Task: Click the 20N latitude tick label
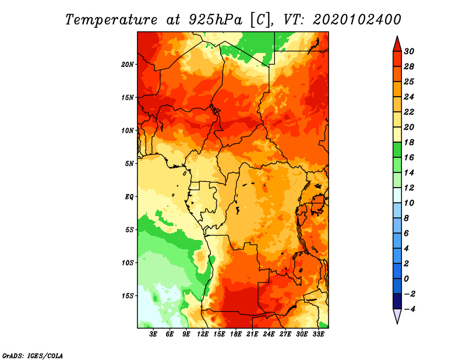click(x=127, y=65)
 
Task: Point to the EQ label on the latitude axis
click(x=129, y=197)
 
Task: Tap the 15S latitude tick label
click(x=128, y=296)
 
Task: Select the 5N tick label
click(x=129, y=164)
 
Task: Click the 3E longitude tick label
click(x=153, y=334)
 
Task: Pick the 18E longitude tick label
click(x=236, y=334)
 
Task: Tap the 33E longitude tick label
click(x=318, y=334)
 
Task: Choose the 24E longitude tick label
click(x=269, y=334)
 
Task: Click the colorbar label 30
click(x=409, y=51)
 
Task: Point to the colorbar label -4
click(x=409, y=309)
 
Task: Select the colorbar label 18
click(x=409, y=142)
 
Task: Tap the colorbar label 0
click(x=407, y=279)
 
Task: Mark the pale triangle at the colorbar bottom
click(x=397, y=315)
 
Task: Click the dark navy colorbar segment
click(x=397, y=301)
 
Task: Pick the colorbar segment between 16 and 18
click(x=397, y=150)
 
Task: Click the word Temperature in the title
click(x=111, y=20)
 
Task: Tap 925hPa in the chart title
click(x=216, y=20)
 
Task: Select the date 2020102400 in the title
click(x=357, y=20)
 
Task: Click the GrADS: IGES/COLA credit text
click(x=33, y=356)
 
